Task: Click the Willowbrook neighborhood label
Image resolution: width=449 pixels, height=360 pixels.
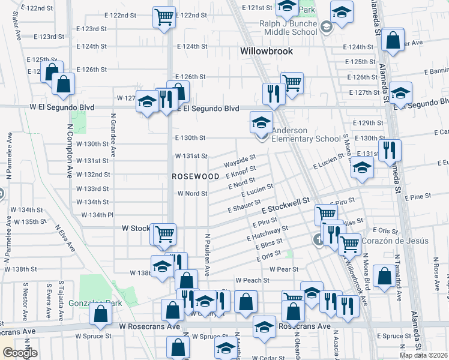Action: click(267, 51)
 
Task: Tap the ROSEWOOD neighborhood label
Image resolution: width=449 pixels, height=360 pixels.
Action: click(196, 176)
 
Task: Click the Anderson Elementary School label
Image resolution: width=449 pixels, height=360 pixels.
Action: click(306, 135)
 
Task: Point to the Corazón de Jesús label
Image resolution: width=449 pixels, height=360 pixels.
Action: click(401, 241)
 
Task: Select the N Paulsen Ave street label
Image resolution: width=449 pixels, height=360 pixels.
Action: click(207, 255)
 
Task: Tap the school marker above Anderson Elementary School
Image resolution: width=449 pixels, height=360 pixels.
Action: click(261, 123)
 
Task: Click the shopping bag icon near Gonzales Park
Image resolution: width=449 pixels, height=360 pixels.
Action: click(100, 312)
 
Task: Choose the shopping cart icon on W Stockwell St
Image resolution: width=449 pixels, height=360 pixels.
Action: click(164, 233)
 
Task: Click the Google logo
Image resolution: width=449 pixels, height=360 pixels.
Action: click(20, 353)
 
